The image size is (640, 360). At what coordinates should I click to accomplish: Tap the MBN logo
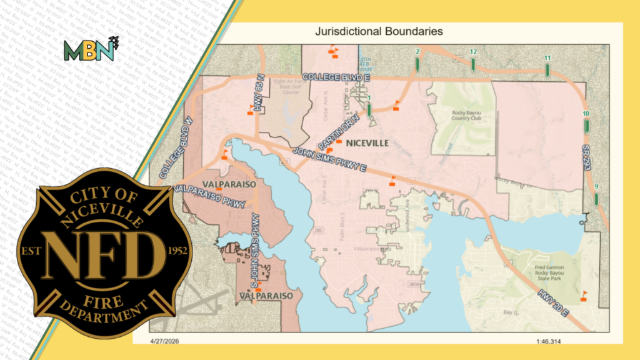click(x=90, y=49)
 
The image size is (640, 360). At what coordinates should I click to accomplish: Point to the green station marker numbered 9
click(x=596, y=198)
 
